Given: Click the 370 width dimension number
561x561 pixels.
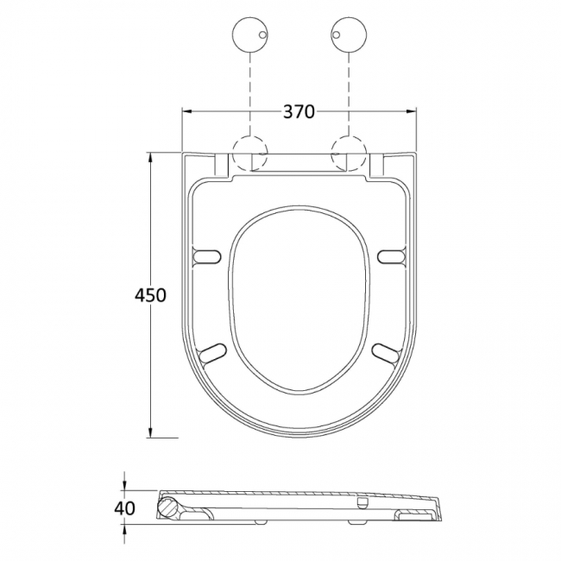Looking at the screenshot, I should [299, 111].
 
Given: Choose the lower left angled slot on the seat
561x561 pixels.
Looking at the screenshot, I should [212, 352].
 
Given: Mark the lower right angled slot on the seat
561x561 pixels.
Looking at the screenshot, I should [386, 352].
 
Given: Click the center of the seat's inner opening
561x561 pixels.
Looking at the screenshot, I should [299, 298].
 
